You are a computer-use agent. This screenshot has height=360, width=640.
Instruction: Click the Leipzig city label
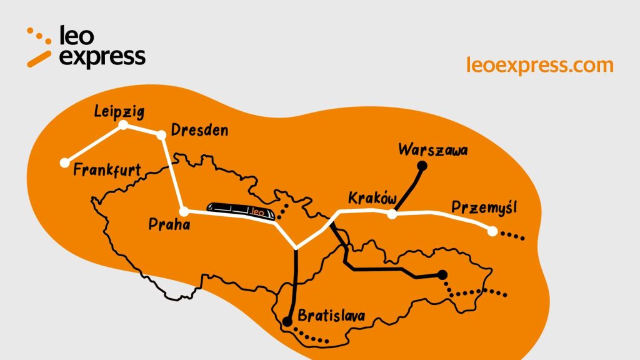pyautogui.click(x=119, y=112)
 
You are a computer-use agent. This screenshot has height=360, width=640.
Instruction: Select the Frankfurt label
pyautogui.click(x=107, y=170)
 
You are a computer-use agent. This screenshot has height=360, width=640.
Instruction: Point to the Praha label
pyautogui.click(x=169, y=224)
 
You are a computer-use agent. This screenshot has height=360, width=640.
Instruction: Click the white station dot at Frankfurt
pyautogui.click(x=64, y=163)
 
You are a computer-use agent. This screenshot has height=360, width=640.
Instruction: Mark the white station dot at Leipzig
pyautogui.click(x=124, y=125)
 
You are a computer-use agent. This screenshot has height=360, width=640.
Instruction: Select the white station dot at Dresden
pyautogui.click(x=161, y=134)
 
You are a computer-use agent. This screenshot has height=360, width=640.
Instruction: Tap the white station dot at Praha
pyautogui.click(x=184, y=211)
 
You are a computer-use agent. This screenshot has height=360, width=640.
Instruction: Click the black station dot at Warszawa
pyautogui.click(x=422, y=166)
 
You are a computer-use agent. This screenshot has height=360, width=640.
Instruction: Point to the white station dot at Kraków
pyautogui.click(x=392, y=214)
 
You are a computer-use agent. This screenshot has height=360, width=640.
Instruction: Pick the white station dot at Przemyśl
pyautogui.click(x=492, y=231)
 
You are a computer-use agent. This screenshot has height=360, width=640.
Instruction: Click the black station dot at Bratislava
pyautogui.click(x=287, y=322)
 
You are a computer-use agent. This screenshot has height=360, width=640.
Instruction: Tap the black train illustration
pyautogui.click(x=242, y=212)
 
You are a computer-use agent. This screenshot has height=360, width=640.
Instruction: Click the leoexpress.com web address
pyautogui.click(x=540, y=64)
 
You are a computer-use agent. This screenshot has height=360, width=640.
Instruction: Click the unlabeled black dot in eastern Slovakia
pyautogui.click(x=442, y=274)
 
